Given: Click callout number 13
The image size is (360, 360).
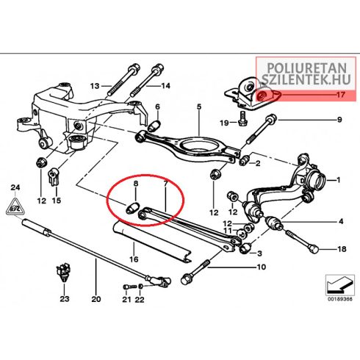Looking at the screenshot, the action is click(95, 86).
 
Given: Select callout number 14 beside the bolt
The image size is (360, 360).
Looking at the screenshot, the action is click(165, 86).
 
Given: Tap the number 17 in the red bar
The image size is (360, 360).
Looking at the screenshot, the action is click(340, 95).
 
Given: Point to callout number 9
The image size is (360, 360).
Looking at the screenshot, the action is click(339, 120).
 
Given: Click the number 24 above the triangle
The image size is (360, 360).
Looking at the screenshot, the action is click(15, 188).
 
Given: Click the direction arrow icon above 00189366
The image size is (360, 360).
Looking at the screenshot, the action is click(340, 285).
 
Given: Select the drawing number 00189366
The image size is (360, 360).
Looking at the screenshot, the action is click(340, 299).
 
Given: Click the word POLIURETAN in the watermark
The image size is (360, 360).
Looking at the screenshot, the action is click(307, 68).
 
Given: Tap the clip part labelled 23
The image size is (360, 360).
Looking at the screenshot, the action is click(63, 271).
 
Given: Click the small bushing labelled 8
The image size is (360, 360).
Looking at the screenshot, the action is click(132, 208).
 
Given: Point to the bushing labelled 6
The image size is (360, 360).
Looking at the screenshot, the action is click(154, 126).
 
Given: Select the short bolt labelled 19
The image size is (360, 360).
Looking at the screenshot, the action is click(242, 118).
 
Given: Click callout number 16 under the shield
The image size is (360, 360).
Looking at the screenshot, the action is click(134, 259).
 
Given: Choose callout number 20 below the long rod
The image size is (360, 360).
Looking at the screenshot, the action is click(96, 299).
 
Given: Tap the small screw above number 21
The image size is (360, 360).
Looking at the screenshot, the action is click(129, 286).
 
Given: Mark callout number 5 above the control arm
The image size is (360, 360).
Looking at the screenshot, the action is click(199, 107).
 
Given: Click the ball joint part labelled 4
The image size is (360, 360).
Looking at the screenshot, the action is click(274, 223).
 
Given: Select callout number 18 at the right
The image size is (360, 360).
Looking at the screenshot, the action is click(342, 249).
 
